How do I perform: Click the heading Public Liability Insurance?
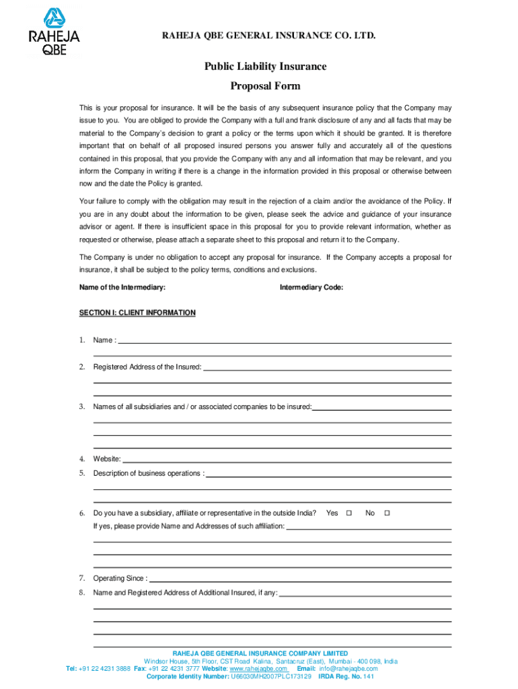(x=266, y=67)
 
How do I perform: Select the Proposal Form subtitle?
(x=266, y=86)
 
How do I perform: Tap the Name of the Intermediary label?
(x=122, y=288)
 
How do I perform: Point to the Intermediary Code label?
(x=311, y=288)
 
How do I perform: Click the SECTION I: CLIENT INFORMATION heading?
(x=137, y=313)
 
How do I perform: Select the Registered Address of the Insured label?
(x=147, y=367)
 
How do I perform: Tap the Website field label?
(x=107, y=459)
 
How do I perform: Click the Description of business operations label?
(x=149, y=473)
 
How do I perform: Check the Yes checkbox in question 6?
(x=349, y=513)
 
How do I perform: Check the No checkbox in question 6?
(x=387, y=513)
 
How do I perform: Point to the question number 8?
(x=81, y=593)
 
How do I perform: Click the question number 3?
(x=81, y=406)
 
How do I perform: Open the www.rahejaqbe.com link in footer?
(x=260, y=669)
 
